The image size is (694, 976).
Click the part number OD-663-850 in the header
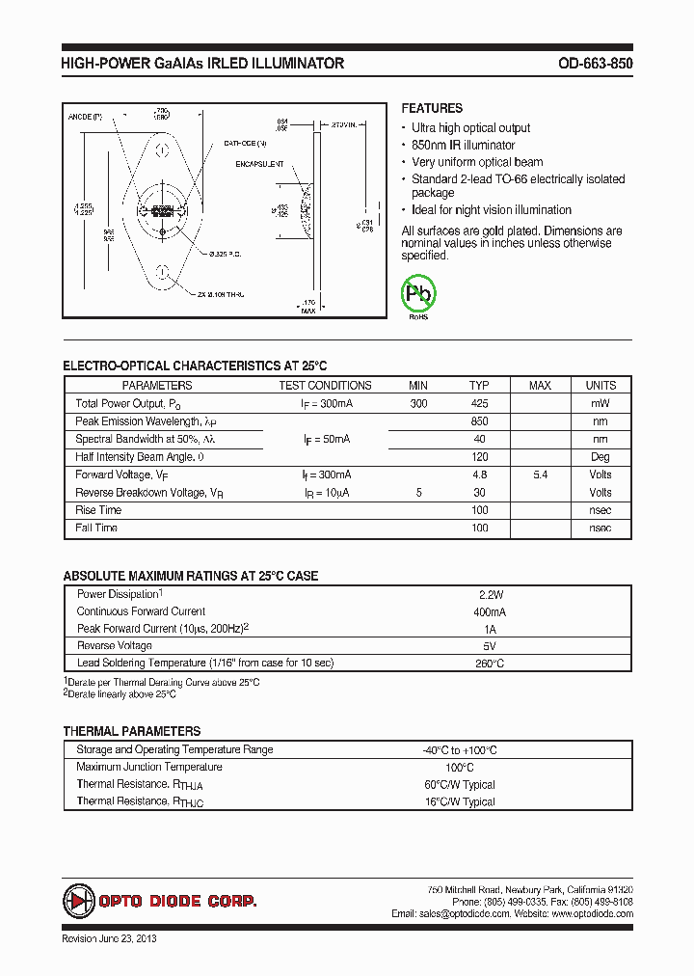tap(595, 64)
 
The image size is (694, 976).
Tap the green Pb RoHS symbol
tap(418, 293)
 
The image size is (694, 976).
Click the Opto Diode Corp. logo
tap(160, 901)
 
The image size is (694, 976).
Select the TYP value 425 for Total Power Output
tap(479, 404)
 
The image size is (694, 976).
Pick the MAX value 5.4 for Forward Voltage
tap(540, 474)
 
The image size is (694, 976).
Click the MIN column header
tap(417, 386)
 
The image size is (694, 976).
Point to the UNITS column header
tap(601, 386)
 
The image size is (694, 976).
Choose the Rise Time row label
tap(98, 510)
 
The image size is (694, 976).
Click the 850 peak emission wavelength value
tap(479, 421)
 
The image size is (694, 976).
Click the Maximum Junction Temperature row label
tap(149, 767)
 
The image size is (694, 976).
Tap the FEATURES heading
tap(432, 109)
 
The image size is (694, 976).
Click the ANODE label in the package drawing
tap(85, 117)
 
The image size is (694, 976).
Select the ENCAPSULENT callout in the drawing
tap(258, 164)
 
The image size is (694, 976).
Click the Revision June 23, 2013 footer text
tap(109, 938)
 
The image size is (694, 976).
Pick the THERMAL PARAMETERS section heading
tap(131, 731)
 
